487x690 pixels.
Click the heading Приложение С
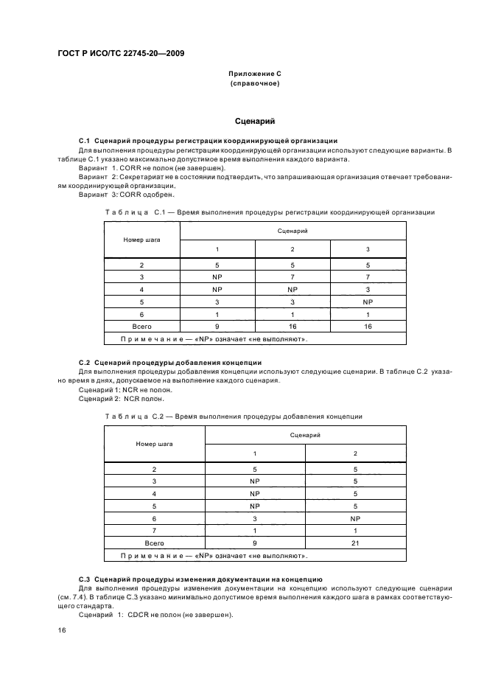[254, 75]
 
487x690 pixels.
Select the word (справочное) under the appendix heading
[254, 84]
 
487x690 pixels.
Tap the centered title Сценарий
[254, 121]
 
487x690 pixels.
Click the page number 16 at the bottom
[62, 631]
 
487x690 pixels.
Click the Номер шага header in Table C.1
[141, 240]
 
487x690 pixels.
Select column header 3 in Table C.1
[368, 249]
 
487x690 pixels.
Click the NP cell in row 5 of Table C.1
[368, 302]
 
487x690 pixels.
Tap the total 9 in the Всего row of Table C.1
[217, 326]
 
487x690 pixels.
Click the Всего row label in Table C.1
[141, 326]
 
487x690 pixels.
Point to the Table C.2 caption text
[234, 417]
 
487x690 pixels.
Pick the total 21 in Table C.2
[355, 542]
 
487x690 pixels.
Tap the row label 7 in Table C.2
[154, 530]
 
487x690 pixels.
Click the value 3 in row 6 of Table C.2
[255, 518]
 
